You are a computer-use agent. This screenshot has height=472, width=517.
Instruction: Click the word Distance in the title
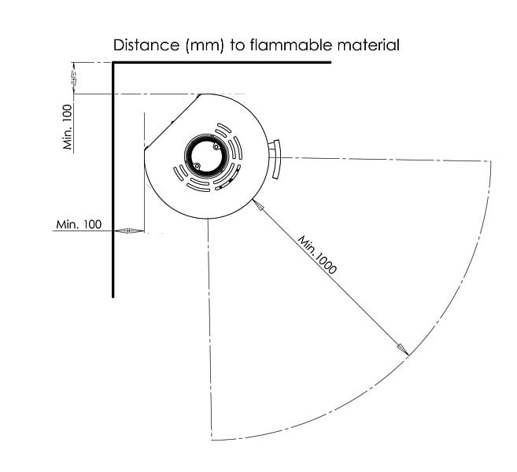(146, 45)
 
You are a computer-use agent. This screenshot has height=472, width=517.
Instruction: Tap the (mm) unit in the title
(205, 45)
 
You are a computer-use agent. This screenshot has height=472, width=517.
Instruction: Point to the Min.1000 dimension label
(317, 254)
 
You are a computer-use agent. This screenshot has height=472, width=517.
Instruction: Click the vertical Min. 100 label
(68, 127)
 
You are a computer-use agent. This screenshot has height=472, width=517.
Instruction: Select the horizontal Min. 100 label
(79, 224)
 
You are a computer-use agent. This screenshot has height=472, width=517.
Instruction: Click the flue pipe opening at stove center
(206, 156)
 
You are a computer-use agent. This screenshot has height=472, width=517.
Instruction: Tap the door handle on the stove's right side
(275, 159)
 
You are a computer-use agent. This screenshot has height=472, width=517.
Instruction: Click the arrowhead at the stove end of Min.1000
(258, 205)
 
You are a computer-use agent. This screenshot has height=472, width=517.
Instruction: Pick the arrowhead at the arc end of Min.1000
(403, 350)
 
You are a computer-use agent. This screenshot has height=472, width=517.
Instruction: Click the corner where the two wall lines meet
(113, 62)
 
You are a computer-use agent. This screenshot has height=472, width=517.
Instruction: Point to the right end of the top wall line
(330, 62)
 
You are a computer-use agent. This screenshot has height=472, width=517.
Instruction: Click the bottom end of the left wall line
(113, 297)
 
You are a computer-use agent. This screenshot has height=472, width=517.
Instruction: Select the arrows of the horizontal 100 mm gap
(129, 230)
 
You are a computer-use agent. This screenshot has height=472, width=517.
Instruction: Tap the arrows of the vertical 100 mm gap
(74, 78)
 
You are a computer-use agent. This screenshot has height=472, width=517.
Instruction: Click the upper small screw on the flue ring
(216, 147)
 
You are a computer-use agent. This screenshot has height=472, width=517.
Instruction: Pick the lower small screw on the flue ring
(197, 166)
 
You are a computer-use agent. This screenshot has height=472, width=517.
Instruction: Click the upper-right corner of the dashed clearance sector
(490, 161)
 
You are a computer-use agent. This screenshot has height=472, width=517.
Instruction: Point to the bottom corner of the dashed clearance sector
(212, 440)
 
